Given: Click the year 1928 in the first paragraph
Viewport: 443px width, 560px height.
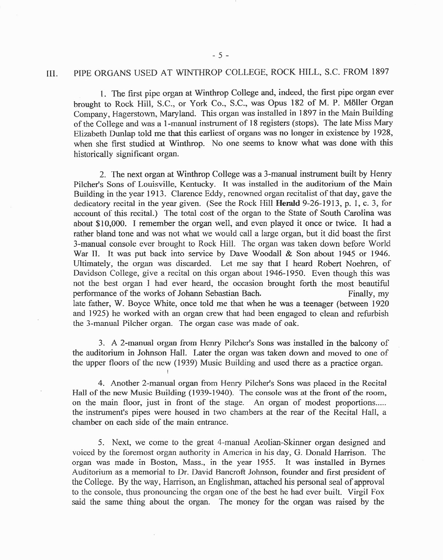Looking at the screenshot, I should coord(384,133).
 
